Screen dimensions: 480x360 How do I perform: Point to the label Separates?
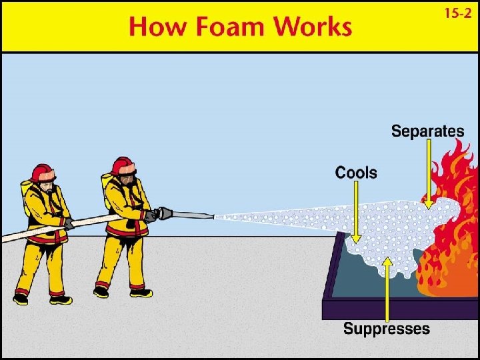coord(427,131)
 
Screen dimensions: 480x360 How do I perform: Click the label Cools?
coord(355,173)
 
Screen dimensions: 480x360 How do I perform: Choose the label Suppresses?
coord(386,329)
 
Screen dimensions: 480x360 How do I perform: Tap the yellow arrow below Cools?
coord(356,213)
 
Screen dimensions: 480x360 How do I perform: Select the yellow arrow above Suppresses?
coord(387,287)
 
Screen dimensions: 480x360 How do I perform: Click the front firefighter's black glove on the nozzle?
coord(150,215)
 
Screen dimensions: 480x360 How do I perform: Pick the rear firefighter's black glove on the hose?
coord(68,223)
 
